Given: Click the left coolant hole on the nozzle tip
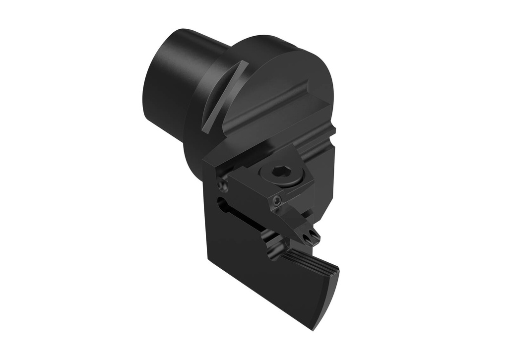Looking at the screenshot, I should point(308,239).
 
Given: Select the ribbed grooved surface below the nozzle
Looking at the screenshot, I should point(308,260).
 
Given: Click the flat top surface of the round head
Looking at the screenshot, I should point(278,74).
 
